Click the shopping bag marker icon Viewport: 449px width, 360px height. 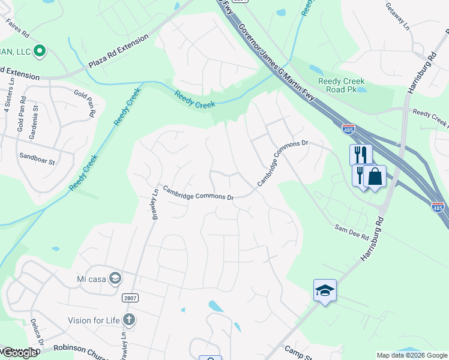[375, 177]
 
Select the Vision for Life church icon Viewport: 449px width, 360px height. [128, 319]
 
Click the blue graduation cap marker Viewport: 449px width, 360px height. [325, 291]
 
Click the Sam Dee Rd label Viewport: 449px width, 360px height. [351, 234]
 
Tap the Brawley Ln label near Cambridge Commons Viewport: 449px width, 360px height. [154, 205]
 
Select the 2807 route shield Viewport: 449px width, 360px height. [129, 298]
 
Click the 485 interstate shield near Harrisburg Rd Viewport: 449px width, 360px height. [438, 206]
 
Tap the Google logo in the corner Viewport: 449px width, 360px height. [19, 353]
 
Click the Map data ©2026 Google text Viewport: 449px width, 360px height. [412, 355]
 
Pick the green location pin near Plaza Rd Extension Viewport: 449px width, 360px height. [40, 51]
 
